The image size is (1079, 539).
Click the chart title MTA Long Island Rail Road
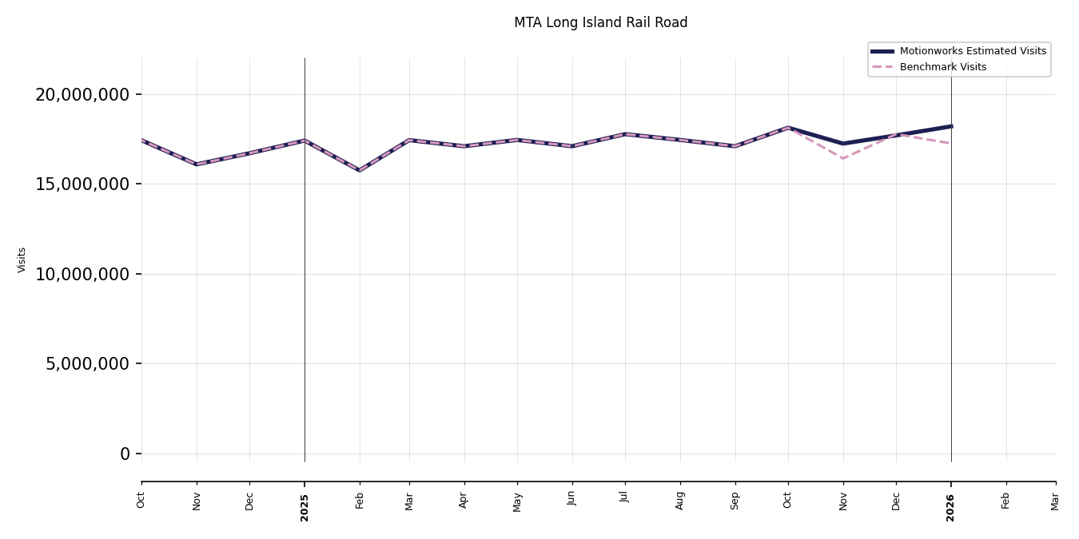pyautogui.click(x=600, y=23)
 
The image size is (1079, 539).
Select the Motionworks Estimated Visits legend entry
pyautogui.click(x=972, y=51)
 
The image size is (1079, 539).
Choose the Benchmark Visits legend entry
pyautogui.click(x=942, y=67)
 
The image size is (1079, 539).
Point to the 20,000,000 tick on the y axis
pyautogui.click(x=82, y=94)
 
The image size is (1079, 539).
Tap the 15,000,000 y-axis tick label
pyautogui.click(x=82, y=184)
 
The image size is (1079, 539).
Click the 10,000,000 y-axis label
pyautogui.click(x=82, y=274)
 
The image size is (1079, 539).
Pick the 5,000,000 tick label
pyautogui.click(x=87, y=364)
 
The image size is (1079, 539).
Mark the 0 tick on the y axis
pyautogui.click(x=125, y=454)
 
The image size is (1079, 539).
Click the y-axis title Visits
pyautogui.click(x=22, y=260)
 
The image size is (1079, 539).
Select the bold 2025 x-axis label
pyautogui.click(x=305, y=507)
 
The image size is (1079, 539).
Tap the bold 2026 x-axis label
pyautogui.click(x=951, y=507)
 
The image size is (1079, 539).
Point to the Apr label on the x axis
pyautogui.click(x=464, y=501)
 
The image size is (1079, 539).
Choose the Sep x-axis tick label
pyautogui.click(x=735, y=501)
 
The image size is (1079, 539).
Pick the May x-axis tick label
pyautogui.click(x=517, y=501)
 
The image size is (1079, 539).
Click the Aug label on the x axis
pyautogui.click(x=680, y=501)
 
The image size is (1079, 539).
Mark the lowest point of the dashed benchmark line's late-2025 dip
pyautogui.click(x=843, y=158)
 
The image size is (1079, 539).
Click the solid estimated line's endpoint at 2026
pyautogui.click(x=951, y=126)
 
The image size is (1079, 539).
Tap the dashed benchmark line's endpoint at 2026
pyautogui.click(x=951, y=144)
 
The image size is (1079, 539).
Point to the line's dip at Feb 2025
pyautogui.click(x=360, y=170)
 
